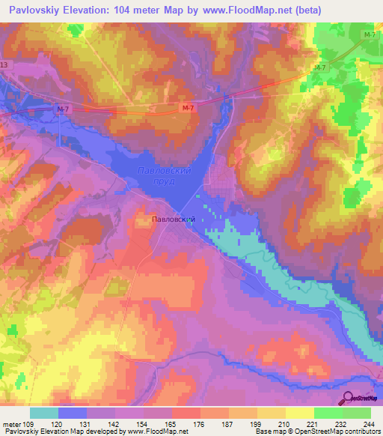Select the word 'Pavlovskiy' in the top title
32,10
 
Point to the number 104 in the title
130,10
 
